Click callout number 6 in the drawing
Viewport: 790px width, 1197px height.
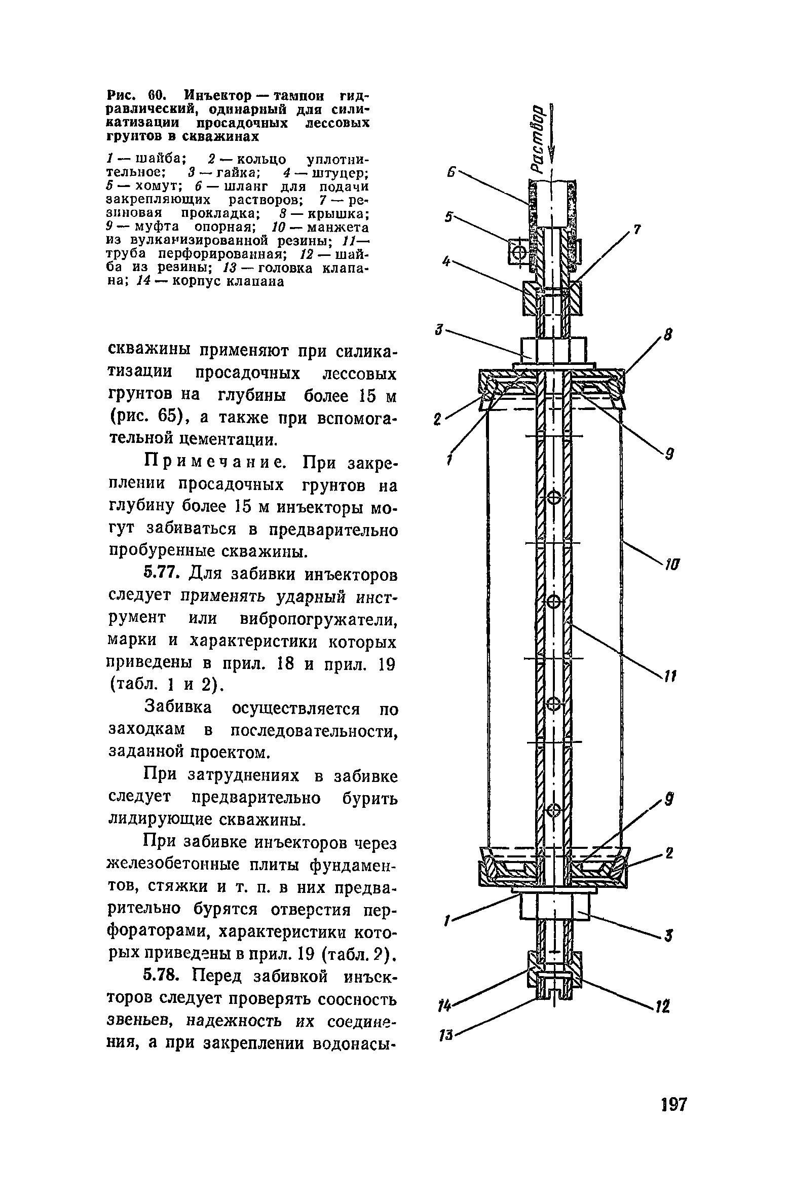click(449, 173)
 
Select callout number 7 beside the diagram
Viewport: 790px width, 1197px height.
click(637, 231)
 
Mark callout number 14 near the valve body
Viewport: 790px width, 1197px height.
click(445, 1005)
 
